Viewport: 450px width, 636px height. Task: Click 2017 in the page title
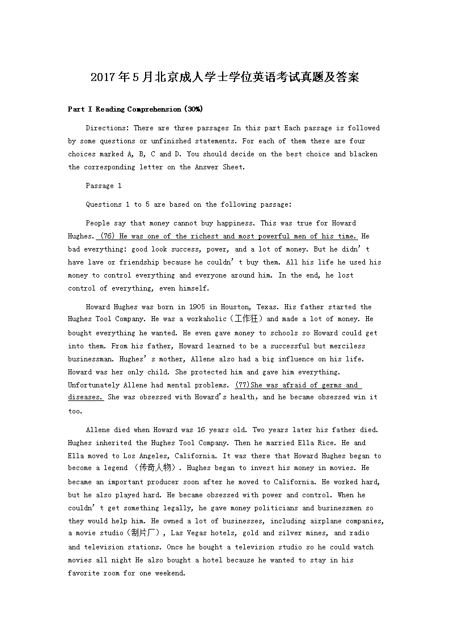[x=103, y=77]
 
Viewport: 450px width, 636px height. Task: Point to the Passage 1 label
[x=104, y=186]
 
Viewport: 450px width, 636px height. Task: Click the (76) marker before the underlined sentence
[x=107, y=236]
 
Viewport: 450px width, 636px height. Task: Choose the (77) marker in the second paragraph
[x=243, y=385]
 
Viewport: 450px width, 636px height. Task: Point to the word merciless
[x=346, y=346]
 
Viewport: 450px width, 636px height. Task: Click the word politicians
[x=279, y=508]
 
